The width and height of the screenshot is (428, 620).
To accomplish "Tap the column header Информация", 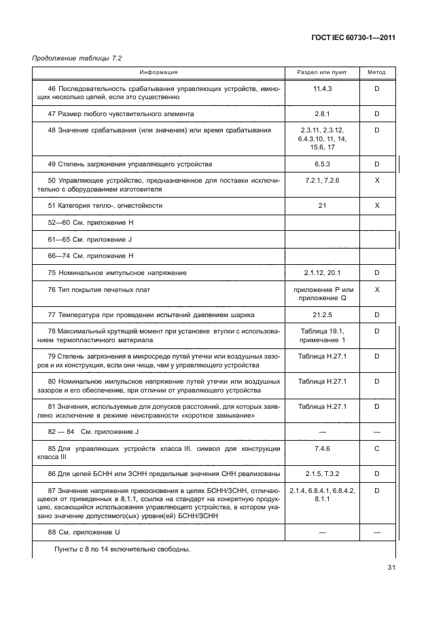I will pos(159,71).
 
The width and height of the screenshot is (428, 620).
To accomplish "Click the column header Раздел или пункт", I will pos(321,71).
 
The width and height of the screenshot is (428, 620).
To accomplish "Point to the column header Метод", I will pos(376,71).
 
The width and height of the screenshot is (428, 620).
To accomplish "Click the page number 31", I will pos(390,568).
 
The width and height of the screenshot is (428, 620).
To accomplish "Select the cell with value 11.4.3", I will pos(321,89).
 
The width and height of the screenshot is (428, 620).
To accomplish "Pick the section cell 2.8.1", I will pos(321,113).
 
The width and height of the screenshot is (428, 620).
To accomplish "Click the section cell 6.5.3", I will pos(321,164).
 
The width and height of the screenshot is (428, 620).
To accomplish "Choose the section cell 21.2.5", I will pos(321,315).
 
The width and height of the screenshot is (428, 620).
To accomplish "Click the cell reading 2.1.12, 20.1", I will pos(321,272).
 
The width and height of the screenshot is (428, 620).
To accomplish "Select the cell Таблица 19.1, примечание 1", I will pos(321,335).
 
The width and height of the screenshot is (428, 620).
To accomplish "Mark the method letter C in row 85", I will pos(376,449).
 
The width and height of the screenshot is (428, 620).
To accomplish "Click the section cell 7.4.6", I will pos(321,449).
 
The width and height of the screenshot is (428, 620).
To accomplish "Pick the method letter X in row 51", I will pos(376,204).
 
